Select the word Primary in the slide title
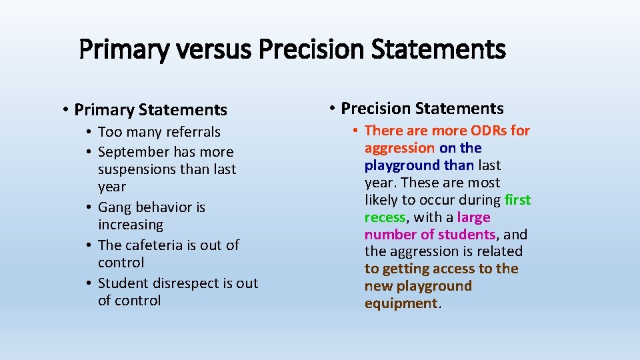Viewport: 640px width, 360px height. [121, 49]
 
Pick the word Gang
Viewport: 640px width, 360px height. [115, 207]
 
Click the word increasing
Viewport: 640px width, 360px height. [130, 225]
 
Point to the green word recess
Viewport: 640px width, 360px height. [385, 217]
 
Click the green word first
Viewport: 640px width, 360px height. [518, 200]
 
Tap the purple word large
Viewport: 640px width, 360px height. [473, 217]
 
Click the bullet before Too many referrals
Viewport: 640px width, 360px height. [89, 132]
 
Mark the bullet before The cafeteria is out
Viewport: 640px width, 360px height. [89, 245]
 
